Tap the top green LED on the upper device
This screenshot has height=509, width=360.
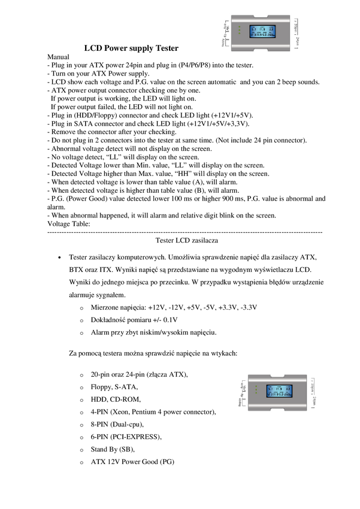[x=239, y=26]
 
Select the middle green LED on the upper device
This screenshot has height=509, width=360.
[x=239, y=29]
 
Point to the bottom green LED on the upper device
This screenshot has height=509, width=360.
[x=239, y=34]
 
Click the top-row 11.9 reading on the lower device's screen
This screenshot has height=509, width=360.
[x=279, y=388]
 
